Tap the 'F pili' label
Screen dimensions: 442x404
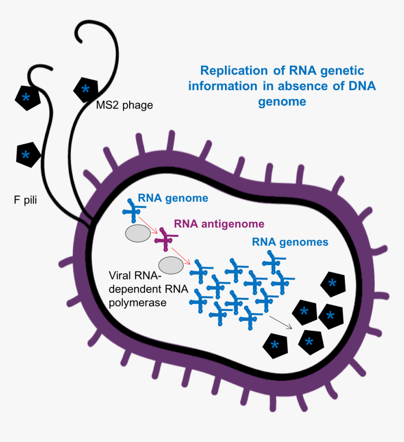25,201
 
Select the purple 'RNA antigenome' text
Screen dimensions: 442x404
219,224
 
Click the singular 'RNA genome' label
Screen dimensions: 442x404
172,198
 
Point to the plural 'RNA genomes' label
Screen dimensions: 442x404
290,242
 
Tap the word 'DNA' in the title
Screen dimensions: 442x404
361,86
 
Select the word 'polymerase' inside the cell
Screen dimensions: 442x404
138,303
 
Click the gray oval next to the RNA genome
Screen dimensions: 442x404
136,233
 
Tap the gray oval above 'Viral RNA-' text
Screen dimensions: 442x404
171,265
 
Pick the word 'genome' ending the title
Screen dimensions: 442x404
282,101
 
